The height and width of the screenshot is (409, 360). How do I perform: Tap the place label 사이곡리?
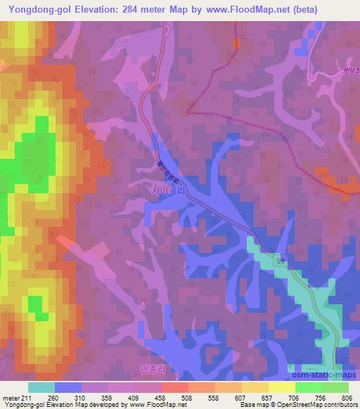coord(168,190)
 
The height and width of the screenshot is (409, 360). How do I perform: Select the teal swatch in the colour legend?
coord(41,387)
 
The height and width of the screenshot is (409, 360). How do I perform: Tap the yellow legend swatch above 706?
coord(282,387)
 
